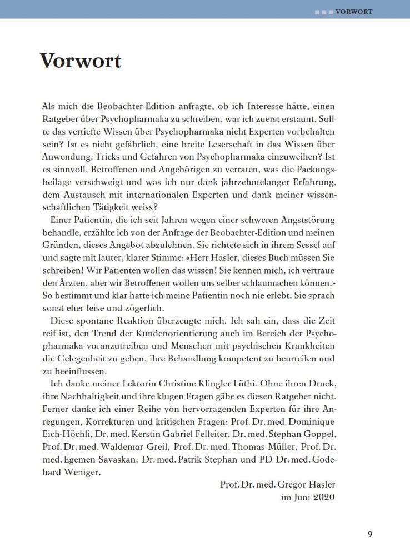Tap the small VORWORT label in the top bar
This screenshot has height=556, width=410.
tap(354, 11)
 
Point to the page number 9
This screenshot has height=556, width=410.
tap(370, 534)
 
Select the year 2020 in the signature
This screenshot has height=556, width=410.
tap(323, 497)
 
